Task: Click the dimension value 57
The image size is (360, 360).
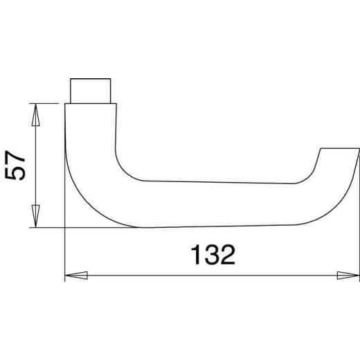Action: pyautogui.click(x=17, y=165)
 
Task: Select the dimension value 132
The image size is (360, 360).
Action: pyautogui.click(x=211, y=255)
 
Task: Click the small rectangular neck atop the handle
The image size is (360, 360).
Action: pyautogui.click(x=91, y=90)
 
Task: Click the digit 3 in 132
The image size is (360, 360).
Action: pyautogui.click(x=211, y=255)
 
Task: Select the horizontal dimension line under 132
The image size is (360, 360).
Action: pyautogui.click(x=138, y=276)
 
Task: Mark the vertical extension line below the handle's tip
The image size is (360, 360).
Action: pyautogui.click(x=359, y=228)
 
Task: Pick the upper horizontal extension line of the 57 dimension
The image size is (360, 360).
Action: pyautogui.click(x=48, y=103)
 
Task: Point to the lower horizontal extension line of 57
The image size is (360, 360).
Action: pyautogui.click(x=48, y=227)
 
